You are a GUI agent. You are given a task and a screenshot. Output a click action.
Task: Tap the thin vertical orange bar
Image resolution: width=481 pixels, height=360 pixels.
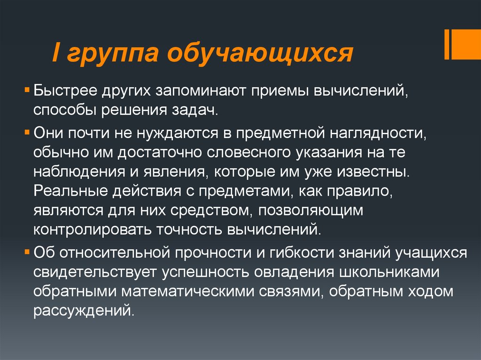pyautogui.click(x=446, y=45)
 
